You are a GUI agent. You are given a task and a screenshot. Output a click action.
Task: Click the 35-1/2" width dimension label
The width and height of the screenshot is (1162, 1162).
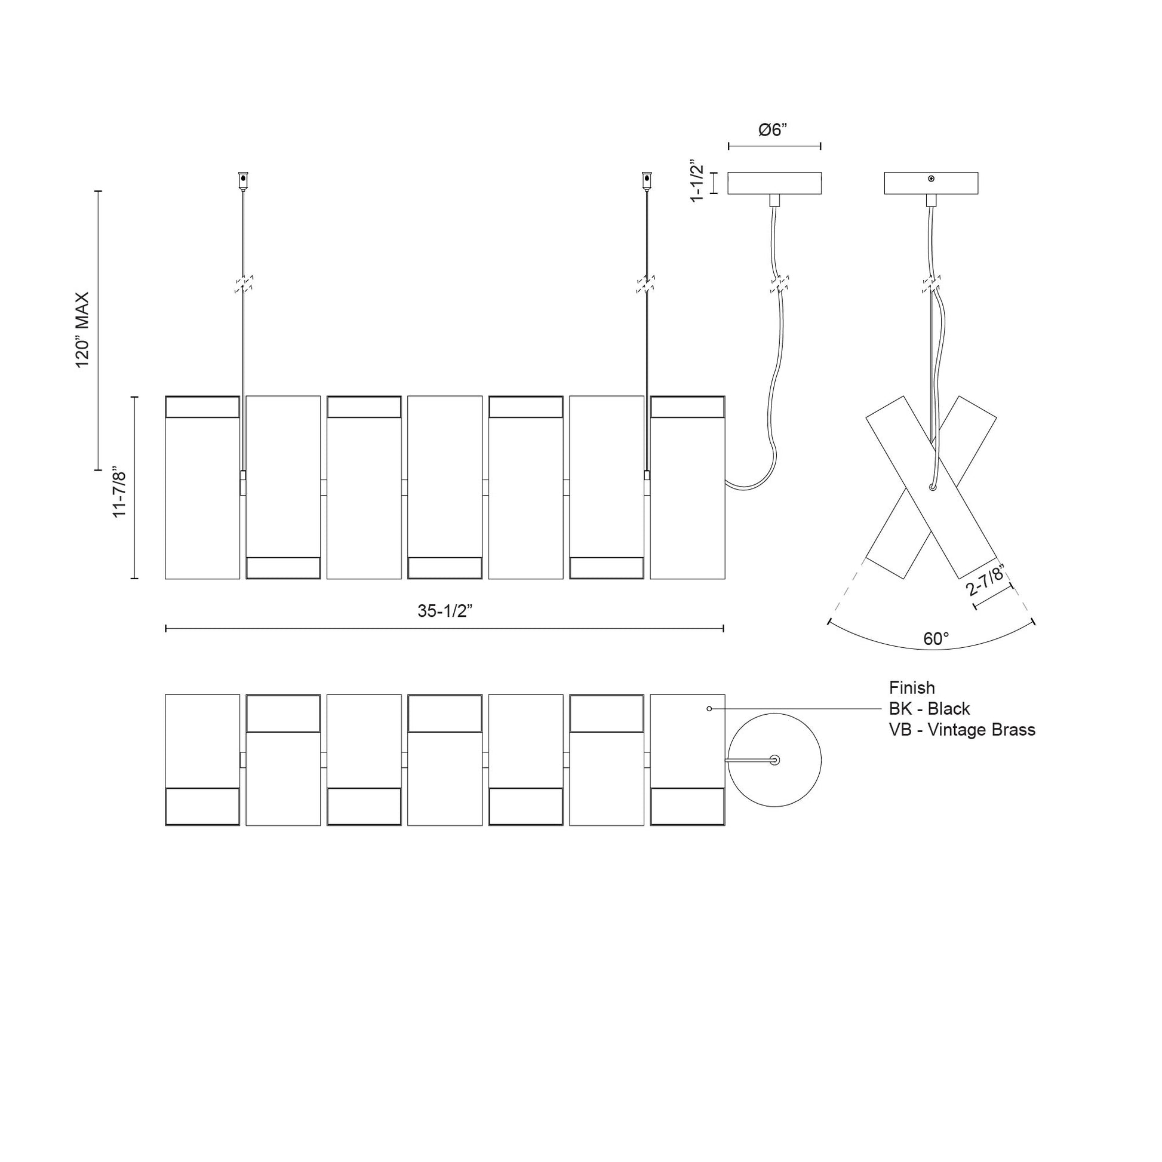(x=444, y=611)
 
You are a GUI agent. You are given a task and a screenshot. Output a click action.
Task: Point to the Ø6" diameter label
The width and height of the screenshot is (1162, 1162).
(x=773, y=130)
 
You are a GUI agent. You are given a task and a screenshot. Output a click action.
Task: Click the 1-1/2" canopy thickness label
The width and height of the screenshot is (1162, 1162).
(x=697, y=181)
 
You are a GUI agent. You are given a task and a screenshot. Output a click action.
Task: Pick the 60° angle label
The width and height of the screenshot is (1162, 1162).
(x=936, y=640)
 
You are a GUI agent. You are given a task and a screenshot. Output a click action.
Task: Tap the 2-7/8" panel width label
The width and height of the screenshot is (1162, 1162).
(x=986, y=580)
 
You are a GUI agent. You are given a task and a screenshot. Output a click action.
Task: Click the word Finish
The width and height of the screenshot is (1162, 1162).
(x=912, y=687)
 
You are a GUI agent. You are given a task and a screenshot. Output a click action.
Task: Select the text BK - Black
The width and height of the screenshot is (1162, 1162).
(x=929, y=709)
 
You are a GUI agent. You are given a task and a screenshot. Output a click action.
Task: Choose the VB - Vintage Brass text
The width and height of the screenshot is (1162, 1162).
(x=962, y=730)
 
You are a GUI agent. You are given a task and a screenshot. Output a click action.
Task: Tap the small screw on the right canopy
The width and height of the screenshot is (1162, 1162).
(x=931, y=179)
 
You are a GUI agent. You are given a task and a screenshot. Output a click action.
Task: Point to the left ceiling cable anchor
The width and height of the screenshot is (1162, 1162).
(x=243, y=180)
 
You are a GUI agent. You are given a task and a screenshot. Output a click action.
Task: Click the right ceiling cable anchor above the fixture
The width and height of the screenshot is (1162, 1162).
(x=647, y=180)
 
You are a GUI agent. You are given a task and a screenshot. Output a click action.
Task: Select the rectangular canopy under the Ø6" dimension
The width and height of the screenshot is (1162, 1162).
(x=774, y=183)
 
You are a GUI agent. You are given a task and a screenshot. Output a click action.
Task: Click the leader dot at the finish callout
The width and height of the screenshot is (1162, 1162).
(x=709, y=709)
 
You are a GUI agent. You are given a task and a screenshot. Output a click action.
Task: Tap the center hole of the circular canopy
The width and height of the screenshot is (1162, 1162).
(x=774, y=760)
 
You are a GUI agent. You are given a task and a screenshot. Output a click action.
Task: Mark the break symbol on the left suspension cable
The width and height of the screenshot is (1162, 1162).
(x=243, y=284)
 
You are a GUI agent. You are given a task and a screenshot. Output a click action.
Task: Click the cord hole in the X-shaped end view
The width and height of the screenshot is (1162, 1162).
(x=932, y=487)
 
